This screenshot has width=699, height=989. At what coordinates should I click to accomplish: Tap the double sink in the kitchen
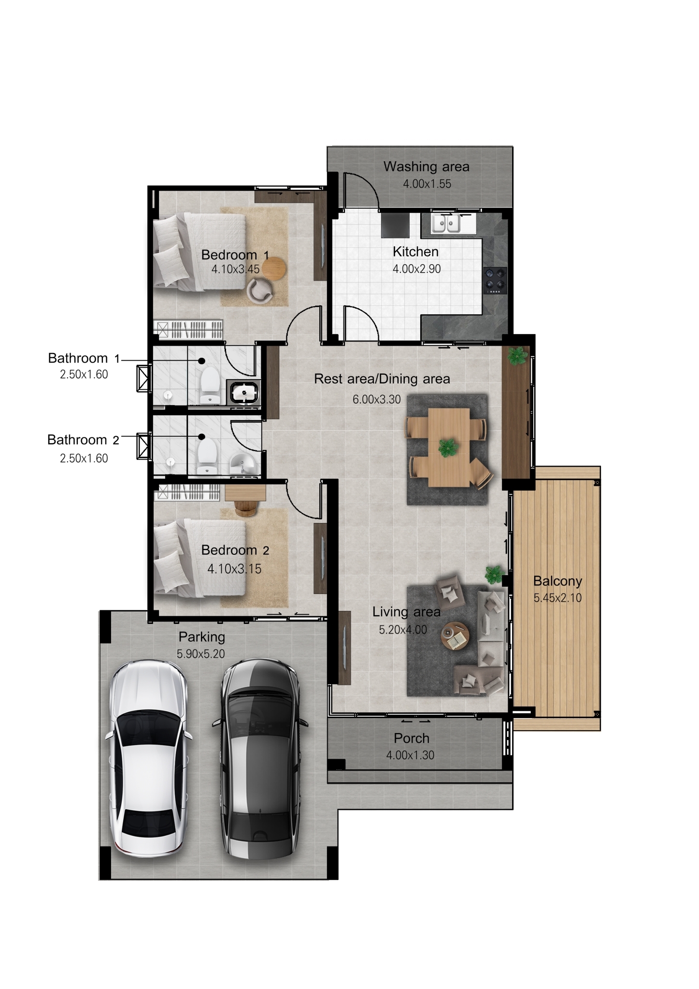pyautogui.click(x=446, y=224)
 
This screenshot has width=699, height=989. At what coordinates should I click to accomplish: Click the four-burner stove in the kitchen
pyautogui.click(x=495, y=281)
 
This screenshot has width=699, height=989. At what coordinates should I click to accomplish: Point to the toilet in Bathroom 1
pyautogui.click(x=209, y=385)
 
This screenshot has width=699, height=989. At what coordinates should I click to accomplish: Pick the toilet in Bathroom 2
pyautogui.click(x=207, y=456)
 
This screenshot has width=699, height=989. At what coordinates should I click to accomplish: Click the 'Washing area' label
pyautogui.click(x=426, y=167)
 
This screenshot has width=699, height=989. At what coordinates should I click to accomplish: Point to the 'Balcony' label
pyautogui.click(x=557, y=581)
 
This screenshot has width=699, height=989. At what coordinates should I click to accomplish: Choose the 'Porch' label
pyautogui.click(x=411, y=738)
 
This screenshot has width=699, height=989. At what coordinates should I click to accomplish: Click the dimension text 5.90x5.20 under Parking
pyautogui.click(x=201, y=654)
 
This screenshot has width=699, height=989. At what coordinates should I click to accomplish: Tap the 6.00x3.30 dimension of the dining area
pyautogui.click(x=377, y=399)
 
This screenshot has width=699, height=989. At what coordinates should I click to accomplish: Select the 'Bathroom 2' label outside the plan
pyautogui.click(x=83, y=440)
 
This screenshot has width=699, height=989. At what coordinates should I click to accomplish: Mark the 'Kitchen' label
pyautogui.click(x=415, y=252)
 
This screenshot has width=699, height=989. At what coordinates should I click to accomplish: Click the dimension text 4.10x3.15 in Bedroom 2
pyautogui.click(x=234, y=569)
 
